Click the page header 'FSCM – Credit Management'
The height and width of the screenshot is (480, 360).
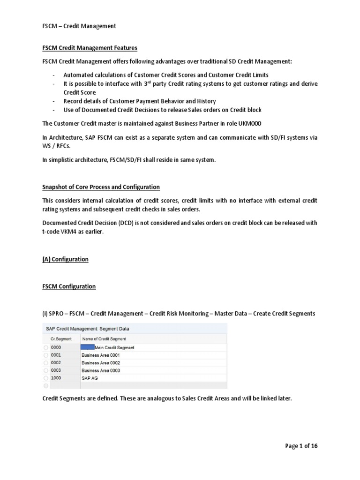click(x=79, y=26)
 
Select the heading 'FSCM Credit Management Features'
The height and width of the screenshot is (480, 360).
click(x=90, y=48)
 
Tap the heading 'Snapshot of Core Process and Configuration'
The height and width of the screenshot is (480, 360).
click(x=101, y=187)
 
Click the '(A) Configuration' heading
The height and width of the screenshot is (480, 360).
click(x=65, y=259)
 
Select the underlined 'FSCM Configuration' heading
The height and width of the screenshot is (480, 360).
click(x=69, y=286)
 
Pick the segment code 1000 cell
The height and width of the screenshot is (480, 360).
click(x=56, y=378)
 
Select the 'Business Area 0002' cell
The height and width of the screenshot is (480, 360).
click(x=100, y=363)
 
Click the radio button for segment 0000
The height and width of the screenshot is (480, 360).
click(x=45, y=348)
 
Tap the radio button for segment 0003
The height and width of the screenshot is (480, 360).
click(x=45, y=370)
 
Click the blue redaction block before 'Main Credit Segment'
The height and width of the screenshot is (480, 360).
click(x=87, y=347)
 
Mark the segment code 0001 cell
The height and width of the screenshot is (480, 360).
click(x=56, y=355)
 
